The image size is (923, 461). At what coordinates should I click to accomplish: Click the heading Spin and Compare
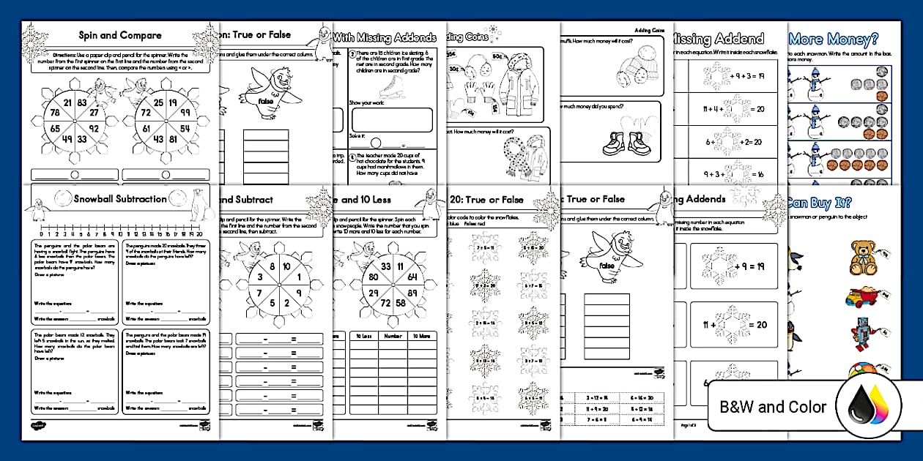tap(120, 35)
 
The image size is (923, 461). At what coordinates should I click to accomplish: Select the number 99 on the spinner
tap(184, 112)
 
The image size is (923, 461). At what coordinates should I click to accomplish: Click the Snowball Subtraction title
tap(120, 198)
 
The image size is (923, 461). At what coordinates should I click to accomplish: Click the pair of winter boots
tap(624, 142)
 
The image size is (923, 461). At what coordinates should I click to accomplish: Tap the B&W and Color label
tap(773, 407)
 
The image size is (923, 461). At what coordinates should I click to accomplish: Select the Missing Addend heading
tap(718, 39)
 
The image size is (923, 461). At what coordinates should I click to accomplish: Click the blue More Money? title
tap(834, 39)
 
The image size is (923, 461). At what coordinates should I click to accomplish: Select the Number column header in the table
tap(392, 336)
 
